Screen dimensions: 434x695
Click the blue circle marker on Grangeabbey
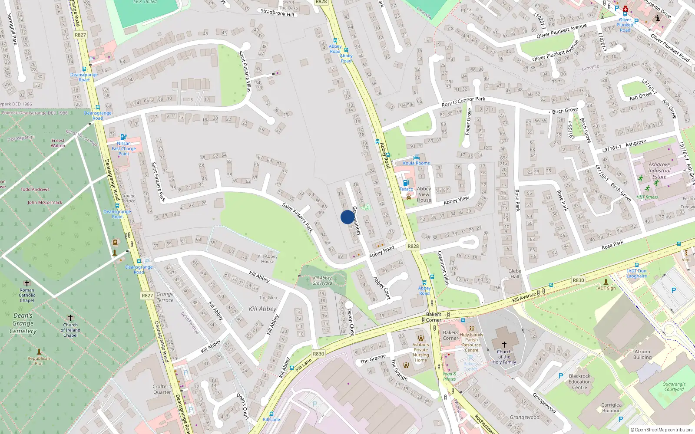[x=347, y=217]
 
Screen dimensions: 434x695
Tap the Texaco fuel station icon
[x=406, y=183]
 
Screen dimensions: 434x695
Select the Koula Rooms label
[x=416, y=163]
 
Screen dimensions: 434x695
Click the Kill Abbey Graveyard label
[x=322, y=281]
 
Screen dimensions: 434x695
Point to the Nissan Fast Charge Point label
[x=124, y=148]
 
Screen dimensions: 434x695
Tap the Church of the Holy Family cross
[x=504, y=344]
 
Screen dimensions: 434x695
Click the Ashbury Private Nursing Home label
[x=420, y=352]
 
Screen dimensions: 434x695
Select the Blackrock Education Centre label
[x=579, y=382]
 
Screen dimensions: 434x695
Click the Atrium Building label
[x=642, y=355]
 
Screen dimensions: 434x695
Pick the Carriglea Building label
[x=611, y=408]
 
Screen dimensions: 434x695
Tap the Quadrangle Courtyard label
[x=674, y=387]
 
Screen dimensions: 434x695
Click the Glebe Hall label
[x=515, y=273]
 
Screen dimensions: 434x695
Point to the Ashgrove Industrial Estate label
[x=659, y=171]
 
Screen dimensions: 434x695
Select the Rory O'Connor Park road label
[x=463, y=102]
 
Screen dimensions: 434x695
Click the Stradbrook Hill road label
[x=277, y=13]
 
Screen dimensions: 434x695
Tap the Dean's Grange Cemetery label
[x=23, y=323]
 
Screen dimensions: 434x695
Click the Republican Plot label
[x=39, y=361]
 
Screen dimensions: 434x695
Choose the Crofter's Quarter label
[x=162, y=389]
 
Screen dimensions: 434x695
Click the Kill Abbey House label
[x=268, y=259]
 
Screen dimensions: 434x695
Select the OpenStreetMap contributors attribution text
[x=662, y=430]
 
